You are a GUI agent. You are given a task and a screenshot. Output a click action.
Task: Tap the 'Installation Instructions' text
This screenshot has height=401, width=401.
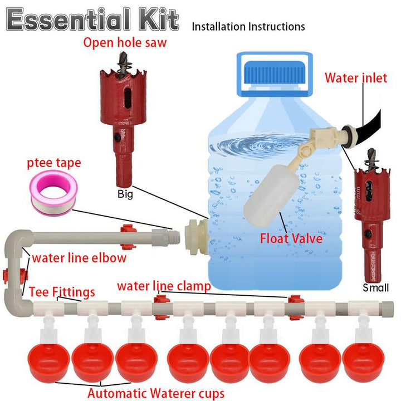pyautogui.click(x=248, y=26)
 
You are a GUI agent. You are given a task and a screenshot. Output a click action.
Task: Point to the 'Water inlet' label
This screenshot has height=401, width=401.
pyautogui.click(x=356, y=78)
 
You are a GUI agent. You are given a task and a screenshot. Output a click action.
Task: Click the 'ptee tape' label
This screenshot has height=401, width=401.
pyautogui.click(x=55, y=163)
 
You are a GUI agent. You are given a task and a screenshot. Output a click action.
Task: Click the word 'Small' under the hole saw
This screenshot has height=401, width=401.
pyautogui.click(x=375, y=288)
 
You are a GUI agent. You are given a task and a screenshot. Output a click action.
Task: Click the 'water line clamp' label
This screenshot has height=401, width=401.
pyautogui.click(x=164, y=286)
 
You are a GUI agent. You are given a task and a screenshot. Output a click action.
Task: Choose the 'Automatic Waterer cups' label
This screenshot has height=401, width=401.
pyautogui.click(x=156, y=393)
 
